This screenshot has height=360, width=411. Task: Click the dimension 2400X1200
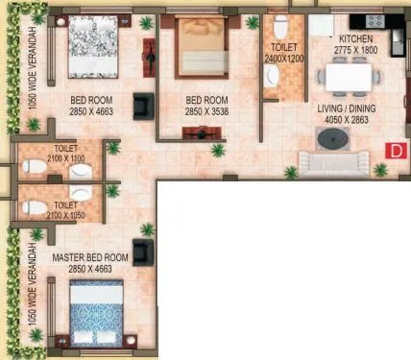point(283,58)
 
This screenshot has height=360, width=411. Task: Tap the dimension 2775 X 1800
point(357,47)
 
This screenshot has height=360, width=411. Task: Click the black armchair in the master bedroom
point(143,252)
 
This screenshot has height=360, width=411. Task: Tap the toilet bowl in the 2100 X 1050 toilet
point(34,206)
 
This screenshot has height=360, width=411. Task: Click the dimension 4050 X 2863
point(348,121)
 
